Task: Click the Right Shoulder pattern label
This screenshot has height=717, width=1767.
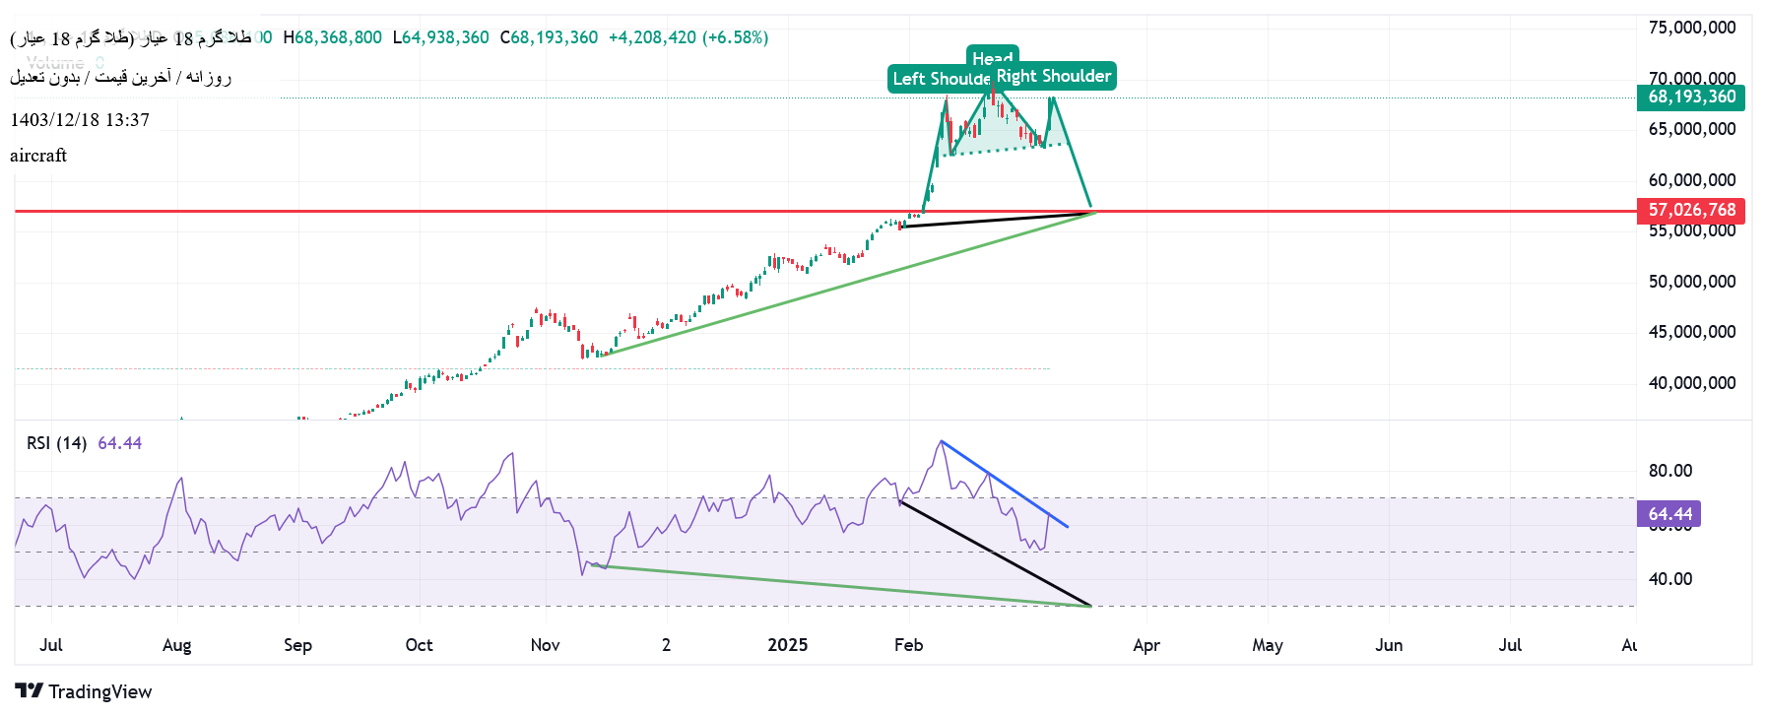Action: (1054, 76)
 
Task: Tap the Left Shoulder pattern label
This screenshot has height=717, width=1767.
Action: (941, 79)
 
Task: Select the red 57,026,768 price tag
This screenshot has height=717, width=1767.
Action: (1691, 210)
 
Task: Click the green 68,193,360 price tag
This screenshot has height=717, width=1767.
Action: (1691, 97)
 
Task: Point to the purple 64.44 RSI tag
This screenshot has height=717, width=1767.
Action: (1669, 514)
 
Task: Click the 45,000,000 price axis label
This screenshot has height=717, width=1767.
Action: (1691, 332)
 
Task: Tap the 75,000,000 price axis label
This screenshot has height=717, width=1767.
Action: (1691, 28)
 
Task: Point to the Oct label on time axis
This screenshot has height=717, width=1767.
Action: (419, 645)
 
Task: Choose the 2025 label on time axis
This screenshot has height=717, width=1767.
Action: (787, 645)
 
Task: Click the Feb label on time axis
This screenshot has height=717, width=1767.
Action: (908, 645)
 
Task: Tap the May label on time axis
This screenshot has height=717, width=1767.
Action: (1267, 645)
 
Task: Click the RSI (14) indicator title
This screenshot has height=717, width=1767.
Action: (57, 443)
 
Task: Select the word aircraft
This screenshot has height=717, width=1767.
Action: (38, 156)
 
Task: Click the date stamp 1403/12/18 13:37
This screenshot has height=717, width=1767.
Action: (80, 120)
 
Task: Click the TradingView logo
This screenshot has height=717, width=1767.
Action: (84, 691)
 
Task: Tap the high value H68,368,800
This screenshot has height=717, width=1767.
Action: (333, 37)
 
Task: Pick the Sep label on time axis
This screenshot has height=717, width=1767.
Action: (297, 645)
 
